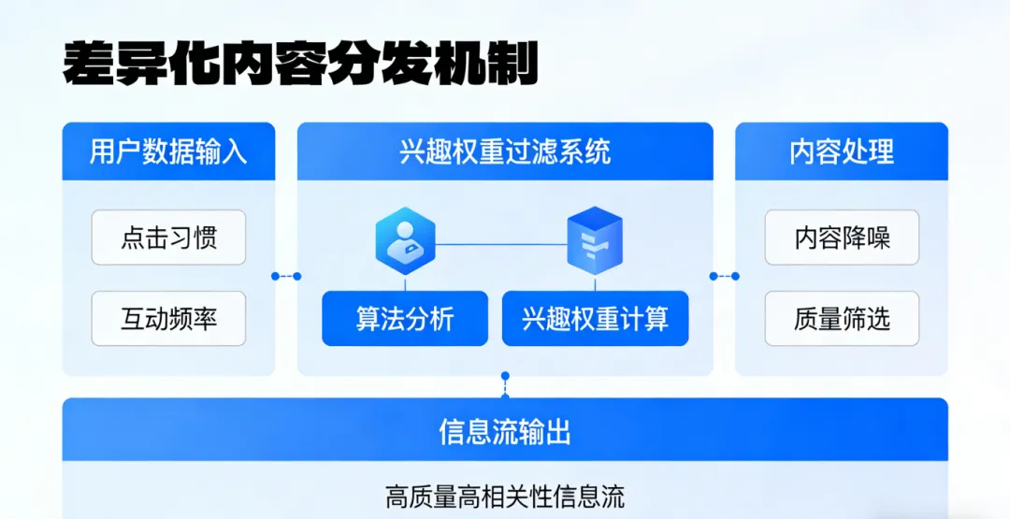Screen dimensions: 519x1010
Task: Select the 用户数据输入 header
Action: [x=168, y=151]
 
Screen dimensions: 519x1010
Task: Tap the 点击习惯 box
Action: [x=168, y=238]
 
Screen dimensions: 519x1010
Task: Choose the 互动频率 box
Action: [x=168, y=319]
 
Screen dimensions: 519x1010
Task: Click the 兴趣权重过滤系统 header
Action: [x=505, y=151]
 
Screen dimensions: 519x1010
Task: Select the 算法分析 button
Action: [x=405, y=319]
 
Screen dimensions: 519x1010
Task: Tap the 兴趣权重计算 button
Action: [x=595, y=319]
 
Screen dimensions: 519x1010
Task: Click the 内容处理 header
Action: [x=841, y=151]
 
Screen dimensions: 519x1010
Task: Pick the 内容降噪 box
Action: [x=841, y=238]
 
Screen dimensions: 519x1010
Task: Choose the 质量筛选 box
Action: [x=841, y=319]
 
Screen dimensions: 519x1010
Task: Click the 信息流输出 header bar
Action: [x=505, y=431]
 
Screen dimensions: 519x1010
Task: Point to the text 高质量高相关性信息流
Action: [x=505, y=496]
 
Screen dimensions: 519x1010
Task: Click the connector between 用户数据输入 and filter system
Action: [x=286, y=276]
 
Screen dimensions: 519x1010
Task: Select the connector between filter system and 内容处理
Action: [x=724, y=276]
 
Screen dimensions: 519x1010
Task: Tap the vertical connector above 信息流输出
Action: [x=505, y=384]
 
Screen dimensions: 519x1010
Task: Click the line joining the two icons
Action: [x=500, y=244]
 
